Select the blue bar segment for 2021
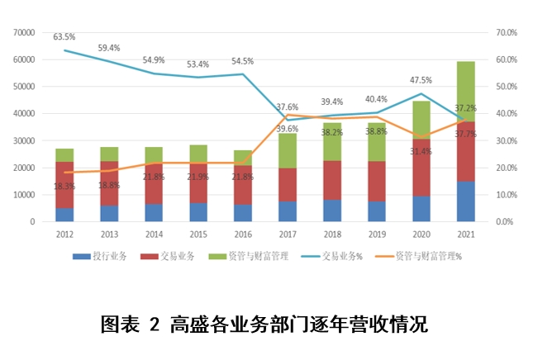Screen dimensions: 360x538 coord(465,201)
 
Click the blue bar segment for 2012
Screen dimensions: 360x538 coord(64,215)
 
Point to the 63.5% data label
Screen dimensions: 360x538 coord(64,37)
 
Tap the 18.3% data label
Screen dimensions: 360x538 coord(64,187)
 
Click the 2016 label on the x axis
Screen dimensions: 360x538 coord(242,234)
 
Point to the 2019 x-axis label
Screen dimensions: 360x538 coord(376,234)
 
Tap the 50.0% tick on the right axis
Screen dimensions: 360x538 coord(506,87)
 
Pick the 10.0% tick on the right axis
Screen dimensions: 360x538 coord(506,195)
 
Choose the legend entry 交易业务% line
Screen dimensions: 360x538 coord(336,257)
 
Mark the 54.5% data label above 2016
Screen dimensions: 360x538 coord(242,61)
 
